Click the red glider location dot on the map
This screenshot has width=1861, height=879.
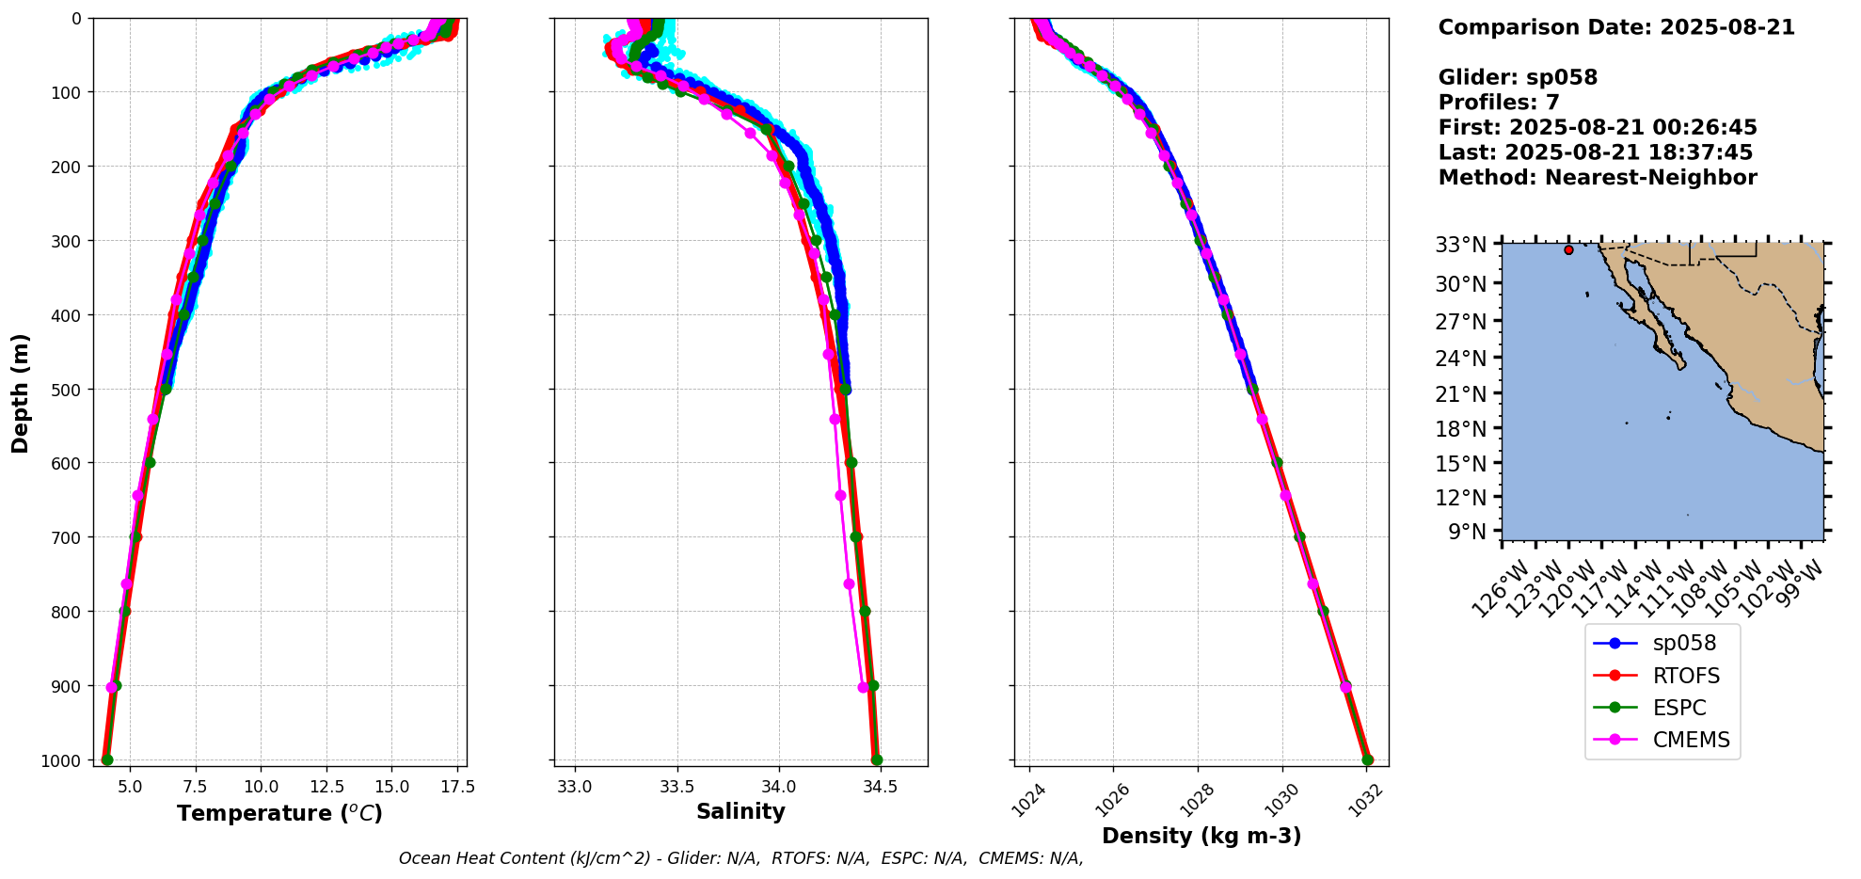1568,250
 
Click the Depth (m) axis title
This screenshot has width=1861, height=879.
21,392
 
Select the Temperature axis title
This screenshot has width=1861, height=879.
279,813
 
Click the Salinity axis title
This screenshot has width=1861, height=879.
740,811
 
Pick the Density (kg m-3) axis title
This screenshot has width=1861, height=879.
1201,836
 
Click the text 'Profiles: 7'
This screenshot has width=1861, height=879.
1499,103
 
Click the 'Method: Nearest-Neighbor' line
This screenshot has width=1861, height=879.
1598,178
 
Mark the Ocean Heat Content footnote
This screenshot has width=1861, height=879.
740,858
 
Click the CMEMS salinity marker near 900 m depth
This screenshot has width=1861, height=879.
863,687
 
